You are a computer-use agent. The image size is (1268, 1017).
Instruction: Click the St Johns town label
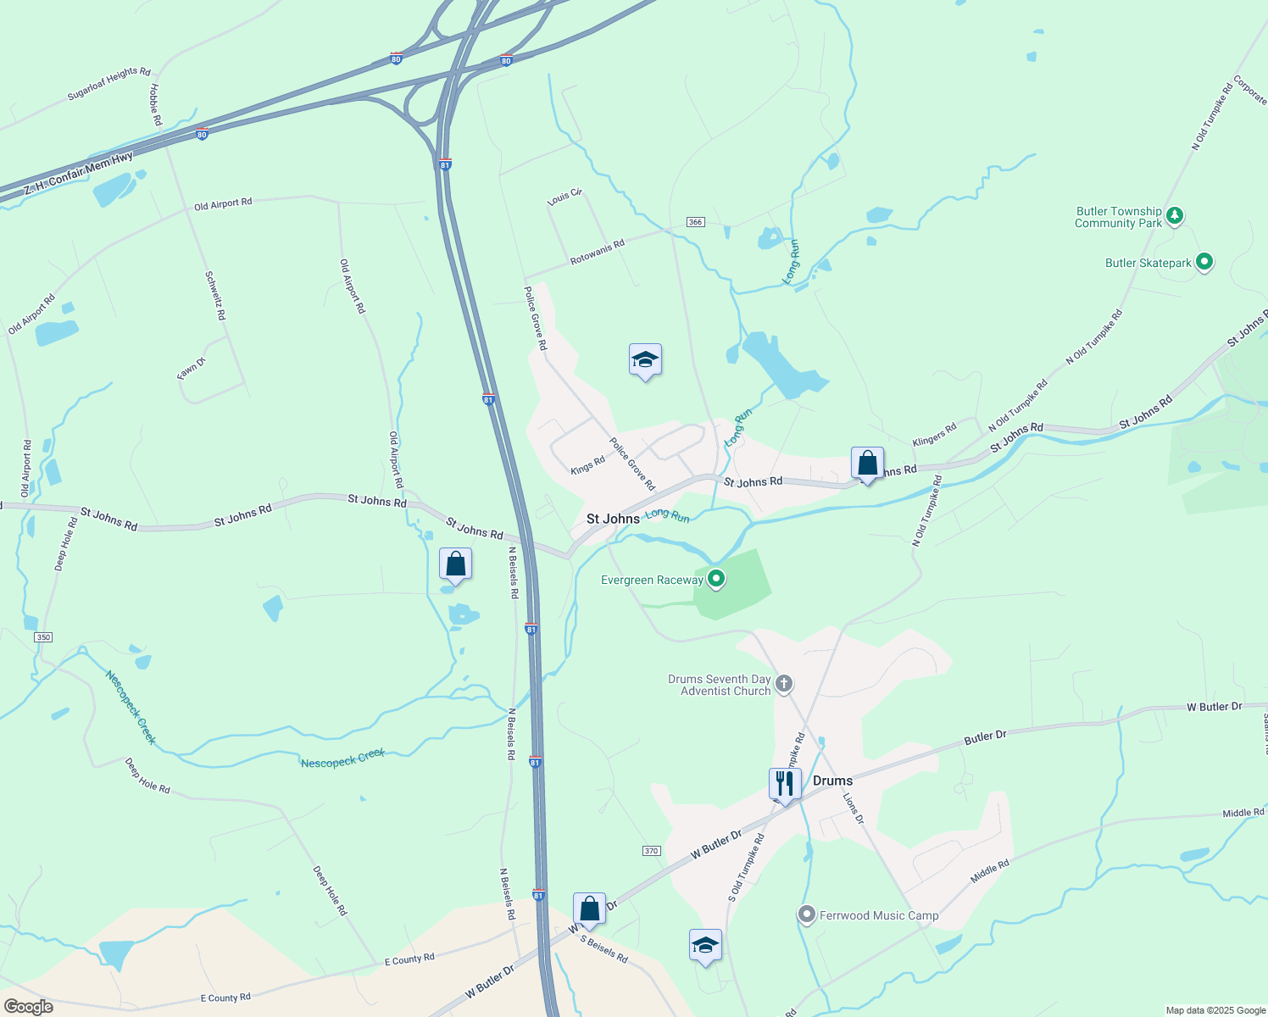point(613,519)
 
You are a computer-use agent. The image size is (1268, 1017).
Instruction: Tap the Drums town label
point(832,781)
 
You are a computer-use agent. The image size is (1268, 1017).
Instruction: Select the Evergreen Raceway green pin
point(716,580)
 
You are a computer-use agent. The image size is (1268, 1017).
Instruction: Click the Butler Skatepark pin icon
point(1204,263)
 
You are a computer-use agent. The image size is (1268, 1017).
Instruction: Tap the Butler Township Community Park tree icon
point(1174,216)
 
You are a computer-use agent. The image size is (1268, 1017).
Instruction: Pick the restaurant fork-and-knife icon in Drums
point(785,784)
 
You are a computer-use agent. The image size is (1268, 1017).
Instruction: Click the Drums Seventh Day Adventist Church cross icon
point(784,684)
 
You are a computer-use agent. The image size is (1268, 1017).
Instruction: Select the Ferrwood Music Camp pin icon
point(807,915)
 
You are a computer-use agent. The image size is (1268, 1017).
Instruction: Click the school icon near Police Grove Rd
point(645,360)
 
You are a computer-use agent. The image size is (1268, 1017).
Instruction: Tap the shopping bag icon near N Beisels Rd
point(455,564)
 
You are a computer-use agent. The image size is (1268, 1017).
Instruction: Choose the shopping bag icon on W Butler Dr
point(589,909)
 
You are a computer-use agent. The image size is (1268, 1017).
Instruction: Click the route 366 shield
point(695,222)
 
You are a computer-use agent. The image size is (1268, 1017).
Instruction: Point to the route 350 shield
point(43,637)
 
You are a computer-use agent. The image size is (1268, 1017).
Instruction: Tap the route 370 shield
point(651,851)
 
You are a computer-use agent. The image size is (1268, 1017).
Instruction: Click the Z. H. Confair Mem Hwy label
point(78,174)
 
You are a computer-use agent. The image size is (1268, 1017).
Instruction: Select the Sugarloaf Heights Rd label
point(108,84)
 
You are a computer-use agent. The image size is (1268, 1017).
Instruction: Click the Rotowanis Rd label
point(597,252)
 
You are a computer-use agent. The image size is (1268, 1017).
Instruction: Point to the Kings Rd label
point(587,465)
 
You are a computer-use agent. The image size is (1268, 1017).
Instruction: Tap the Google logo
point(28,1007)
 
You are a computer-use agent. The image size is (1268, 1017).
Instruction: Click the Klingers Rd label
point(934,436)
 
